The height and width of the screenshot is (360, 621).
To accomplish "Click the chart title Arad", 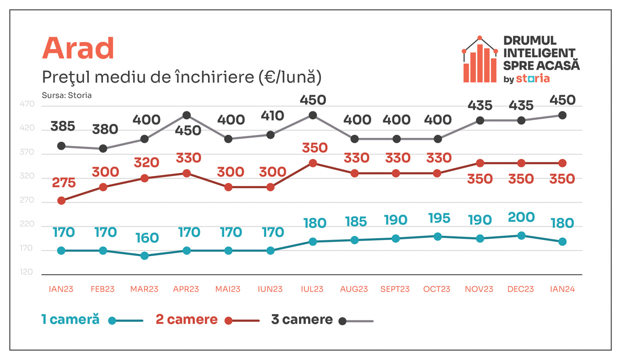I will tap(78, 48).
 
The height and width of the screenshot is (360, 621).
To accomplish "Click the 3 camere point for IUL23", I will tap(312, 115).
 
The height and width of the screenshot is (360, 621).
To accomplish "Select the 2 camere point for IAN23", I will tap(61, 200).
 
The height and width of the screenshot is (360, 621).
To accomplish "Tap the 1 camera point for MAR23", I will tap(144, 256).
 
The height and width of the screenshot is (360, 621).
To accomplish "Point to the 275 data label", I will tap(64, 183).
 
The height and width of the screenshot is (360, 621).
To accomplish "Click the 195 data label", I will tap(439, 218).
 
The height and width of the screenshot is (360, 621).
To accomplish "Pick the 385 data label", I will tap(62, 126).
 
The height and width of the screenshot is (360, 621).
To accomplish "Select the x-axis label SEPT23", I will tap(395, 289).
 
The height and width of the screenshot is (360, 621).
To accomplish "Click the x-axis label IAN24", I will tap(562, 289).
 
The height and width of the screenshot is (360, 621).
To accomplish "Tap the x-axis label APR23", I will tap(186, 289).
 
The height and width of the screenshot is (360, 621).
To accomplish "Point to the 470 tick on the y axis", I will tap(27, 104).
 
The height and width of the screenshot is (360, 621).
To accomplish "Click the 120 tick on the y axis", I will tap(26, 272).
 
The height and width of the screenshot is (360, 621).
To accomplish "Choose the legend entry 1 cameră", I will tap(70, 320).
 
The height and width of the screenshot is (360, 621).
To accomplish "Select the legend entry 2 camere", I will tap(187, 320).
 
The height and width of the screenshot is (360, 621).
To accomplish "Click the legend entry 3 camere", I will tap(302, 320).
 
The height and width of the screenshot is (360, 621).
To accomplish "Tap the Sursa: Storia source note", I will tap(67, 96).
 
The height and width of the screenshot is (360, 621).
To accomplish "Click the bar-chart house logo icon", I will tap(480, 60).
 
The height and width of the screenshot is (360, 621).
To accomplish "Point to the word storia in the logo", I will tap(533, 78).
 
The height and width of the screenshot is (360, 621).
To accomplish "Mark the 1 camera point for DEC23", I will tap(521, 236).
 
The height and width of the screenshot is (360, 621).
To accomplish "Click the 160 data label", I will tap(147, 238).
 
